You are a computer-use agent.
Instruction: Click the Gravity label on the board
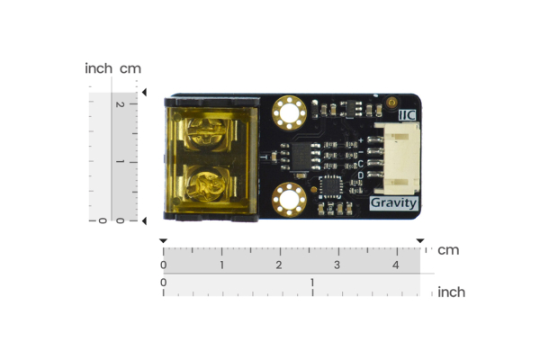point(394,203)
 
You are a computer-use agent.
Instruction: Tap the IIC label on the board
point(407,114)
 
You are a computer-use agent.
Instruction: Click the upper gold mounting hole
point(290,113)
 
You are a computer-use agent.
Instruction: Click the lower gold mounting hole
point(290,200)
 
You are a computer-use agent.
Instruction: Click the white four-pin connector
point(396,159)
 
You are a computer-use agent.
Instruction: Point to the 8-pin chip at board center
point(299,155)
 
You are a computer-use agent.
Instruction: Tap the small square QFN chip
point(332,186)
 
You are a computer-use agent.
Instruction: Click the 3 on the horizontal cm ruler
point(337,265)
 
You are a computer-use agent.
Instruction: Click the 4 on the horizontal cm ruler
point(396,265)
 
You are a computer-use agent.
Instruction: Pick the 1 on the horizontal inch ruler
point(312,283)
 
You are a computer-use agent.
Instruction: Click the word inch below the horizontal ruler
point(451,292)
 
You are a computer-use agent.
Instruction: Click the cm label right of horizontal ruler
point(448,249)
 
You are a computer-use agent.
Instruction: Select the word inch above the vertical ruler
point(98,68)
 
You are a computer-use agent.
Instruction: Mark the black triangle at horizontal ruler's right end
point(419,241)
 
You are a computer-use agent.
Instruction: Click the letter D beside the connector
point(361,175)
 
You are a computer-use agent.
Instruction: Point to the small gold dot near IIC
point(391,103)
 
